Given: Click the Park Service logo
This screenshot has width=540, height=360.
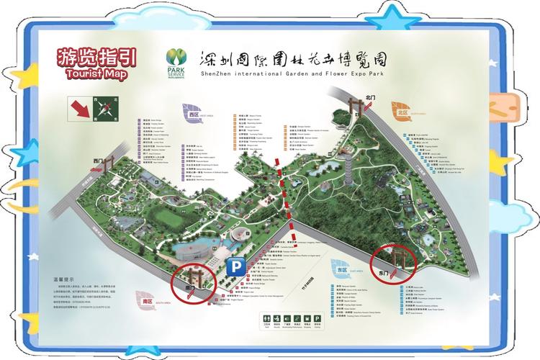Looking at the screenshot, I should click(175, 60).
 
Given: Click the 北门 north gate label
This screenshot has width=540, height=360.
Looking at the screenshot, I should click(371, 96).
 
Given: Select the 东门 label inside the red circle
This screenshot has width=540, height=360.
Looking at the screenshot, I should click(383, 274).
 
